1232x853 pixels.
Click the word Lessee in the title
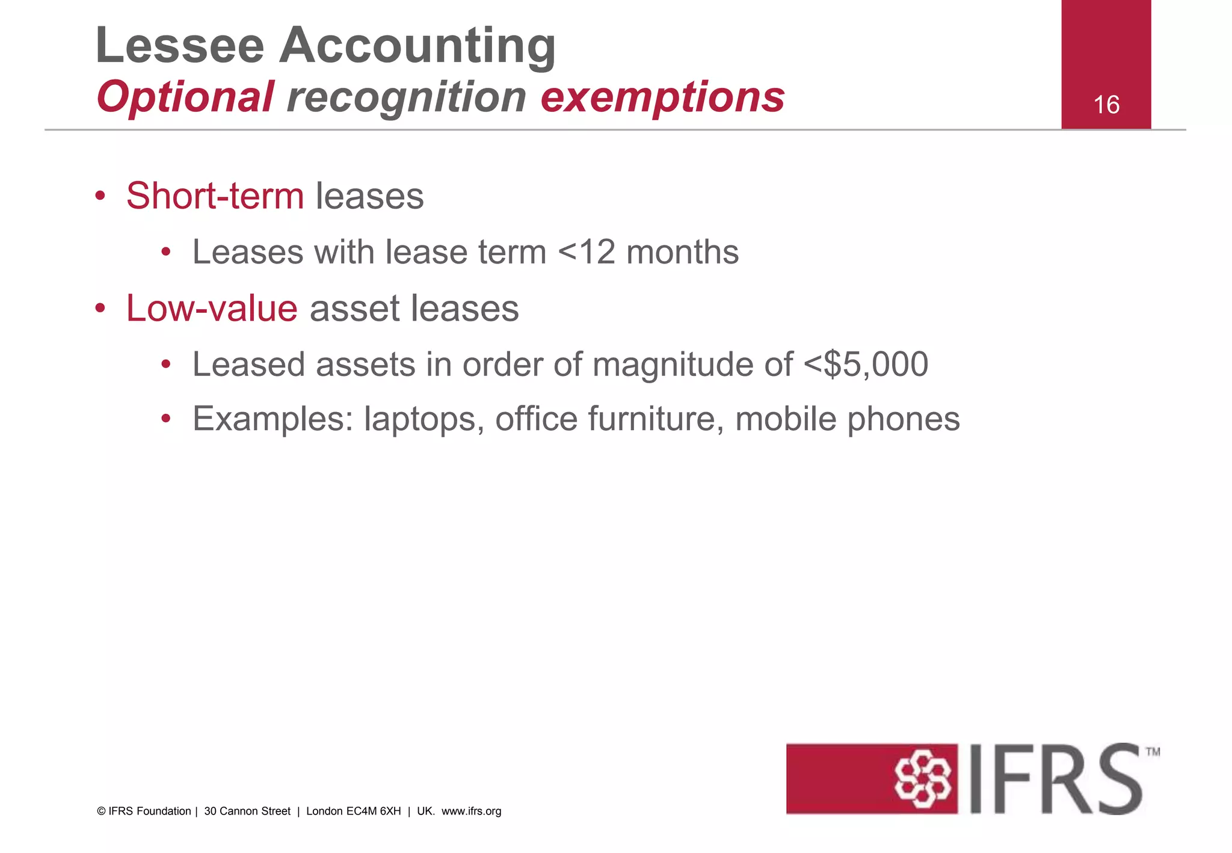click(x=180, y=46)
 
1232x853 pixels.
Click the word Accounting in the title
click(x=417, y=47)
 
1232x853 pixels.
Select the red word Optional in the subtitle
click(x=185, y=97)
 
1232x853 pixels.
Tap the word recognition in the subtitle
click(x=407, y=97)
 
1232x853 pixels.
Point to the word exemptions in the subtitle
click(x=662, y=97)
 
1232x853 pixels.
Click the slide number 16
click(x=1106, y=105)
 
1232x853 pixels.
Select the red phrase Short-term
click(x=215, y=196)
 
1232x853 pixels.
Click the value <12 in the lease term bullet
click(x=587, y=252)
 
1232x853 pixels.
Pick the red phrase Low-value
click(x=212, y=309)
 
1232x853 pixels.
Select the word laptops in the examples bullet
click(x=423, y=420)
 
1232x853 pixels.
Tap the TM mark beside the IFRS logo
click(x=1153, y=751)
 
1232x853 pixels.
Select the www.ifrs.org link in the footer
click(x=471, y=811)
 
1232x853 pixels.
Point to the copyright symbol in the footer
click(x=100, y=811)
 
